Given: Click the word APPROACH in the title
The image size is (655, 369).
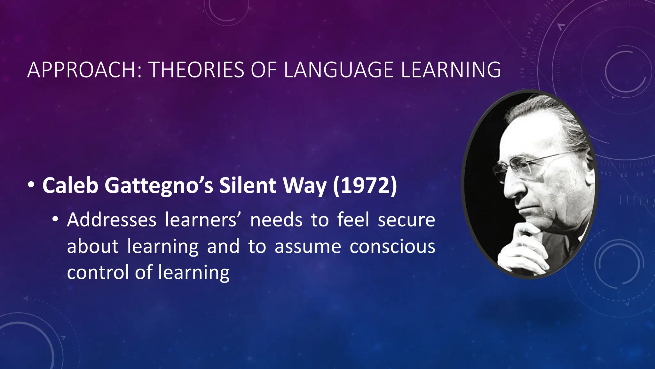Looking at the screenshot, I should click(82, 70).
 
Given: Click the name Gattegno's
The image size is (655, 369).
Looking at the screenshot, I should click(159, 186).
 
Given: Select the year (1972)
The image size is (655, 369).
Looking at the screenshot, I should click(365, 185).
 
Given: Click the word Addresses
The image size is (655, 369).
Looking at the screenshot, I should click(112, 220).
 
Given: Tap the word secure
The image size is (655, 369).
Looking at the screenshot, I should click(406, 221).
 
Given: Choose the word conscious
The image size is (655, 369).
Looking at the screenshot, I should click(392, 247).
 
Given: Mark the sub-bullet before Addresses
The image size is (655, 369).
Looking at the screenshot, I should click(55, 219).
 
